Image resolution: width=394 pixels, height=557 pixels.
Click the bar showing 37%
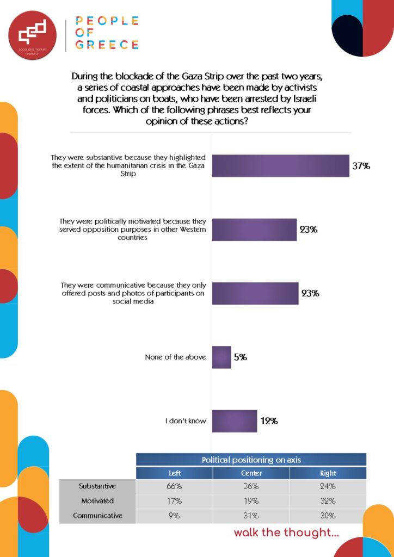click(280, 166)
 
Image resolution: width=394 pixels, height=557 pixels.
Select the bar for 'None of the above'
click(221, 357)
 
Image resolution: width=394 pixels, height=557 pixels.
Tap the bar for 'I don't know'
click(234, 421)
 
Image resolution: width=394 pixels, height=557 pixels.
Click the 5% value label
click(241, 357)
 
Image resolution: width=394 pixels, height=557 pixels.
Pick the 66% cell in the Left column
click(174, 486)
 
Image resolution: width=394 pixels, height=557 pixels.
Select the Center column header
click(251, 473)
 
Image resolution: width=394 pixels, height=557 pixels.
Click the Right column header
click(328, 473)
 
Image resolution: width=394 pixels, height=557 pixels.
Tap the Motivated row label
click(97, 500)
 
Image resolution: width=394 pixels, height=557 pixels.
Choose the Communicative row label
click(97, 515)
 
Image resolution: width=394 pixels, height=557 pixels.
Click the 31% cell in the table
click(251, 515)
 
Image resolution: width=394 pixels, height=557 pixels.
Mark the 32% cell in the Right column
click(328, 500)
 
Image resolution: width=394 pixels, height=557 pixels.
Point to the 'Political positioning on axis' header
click(251, 460)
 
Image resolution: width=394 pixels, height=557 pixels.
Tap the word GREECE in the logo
click(107, 45)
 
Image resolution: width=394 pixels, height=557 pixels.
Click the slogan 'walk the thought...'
click(286, 533)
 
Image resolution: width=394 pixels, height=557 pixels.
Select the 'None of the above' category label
click(175, 357)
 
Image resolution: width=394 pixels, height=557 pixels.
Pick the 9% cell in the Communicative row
click(174, 515)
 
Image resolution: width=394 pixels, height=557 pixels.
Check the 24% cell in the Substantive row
click(328, 486)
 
